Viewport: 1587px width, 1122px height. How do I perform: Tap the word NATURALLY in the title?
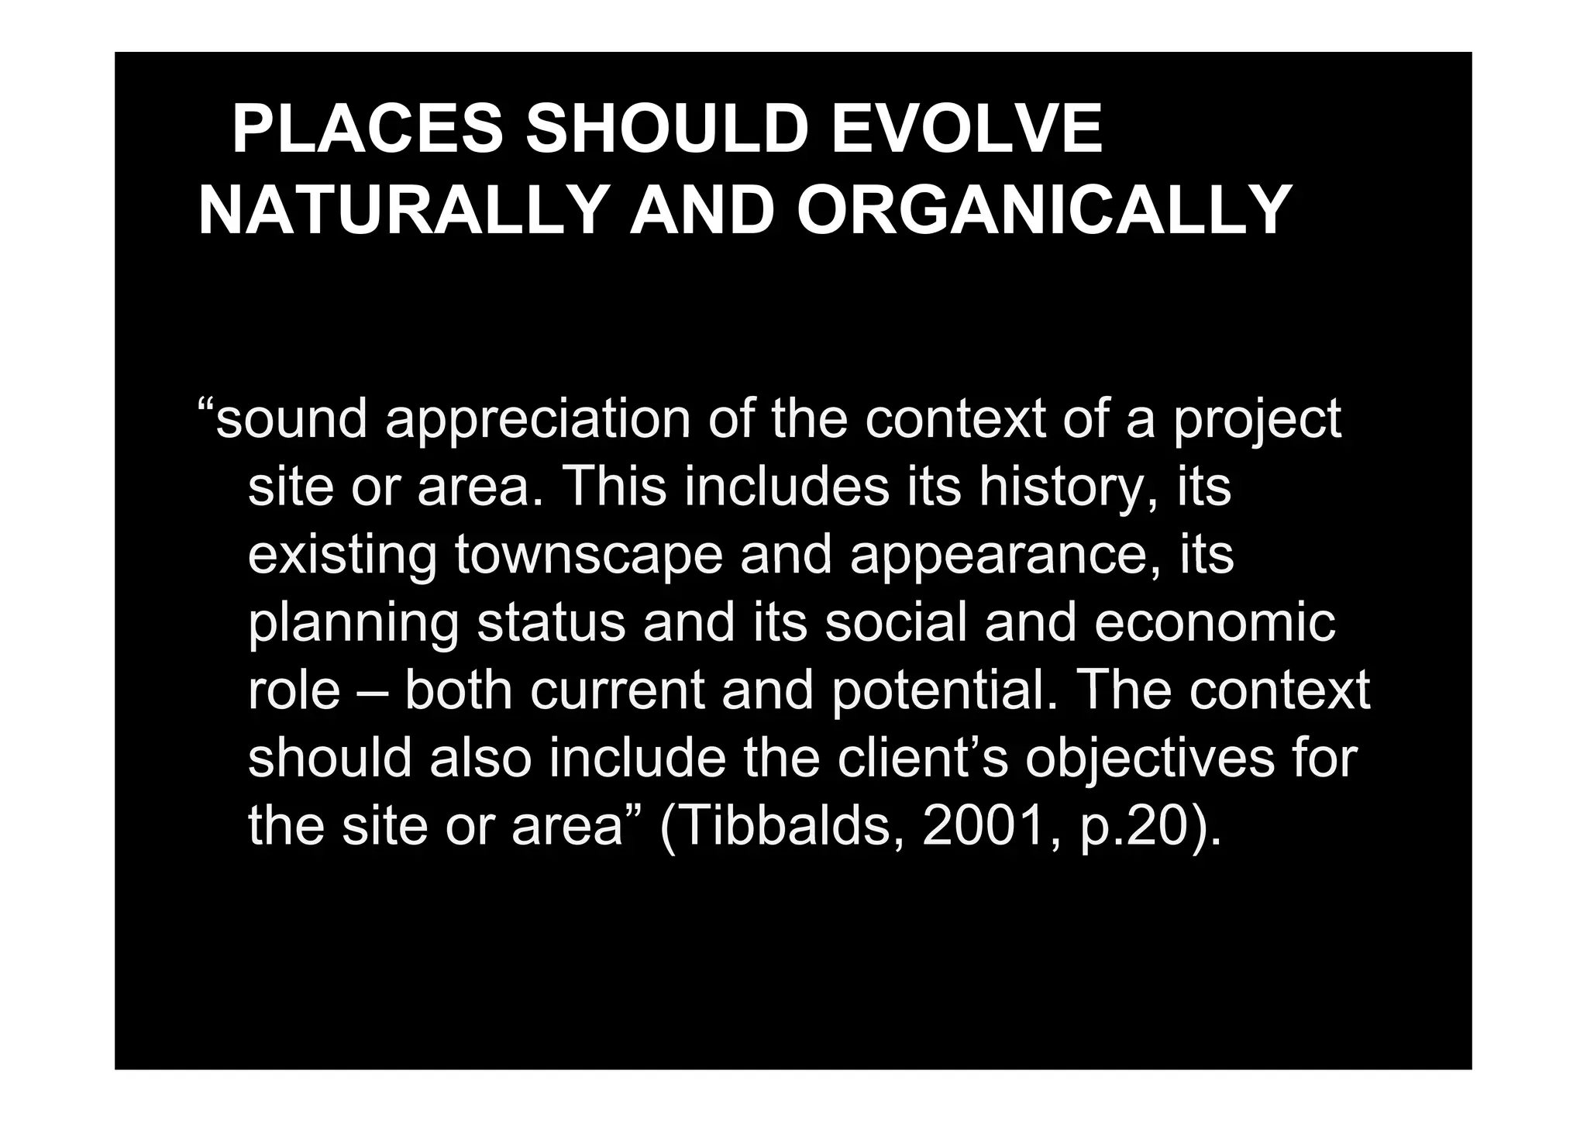pyautogui.click(x=403, y=211)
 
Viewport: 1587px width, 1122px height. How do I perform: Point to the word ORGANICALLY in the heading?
pyautogui.click(x=1043, y=211)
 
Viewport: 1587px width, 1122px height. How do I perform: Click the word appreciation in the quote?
pyautogui.click(x=537, y=422)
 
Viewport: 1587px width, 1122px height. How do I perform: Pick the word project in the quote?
pyautogui.click(x=1257, y=422)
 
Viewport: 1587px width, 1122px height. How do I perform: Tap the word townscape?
pyautogui.click(x=588, y=556)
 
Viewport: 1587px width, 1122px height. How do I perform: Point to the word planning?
pyautogui.click(x=353, y=625)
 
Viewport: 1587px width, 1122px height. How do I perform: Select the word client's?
pyautogui.click(x=922, y=758)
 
